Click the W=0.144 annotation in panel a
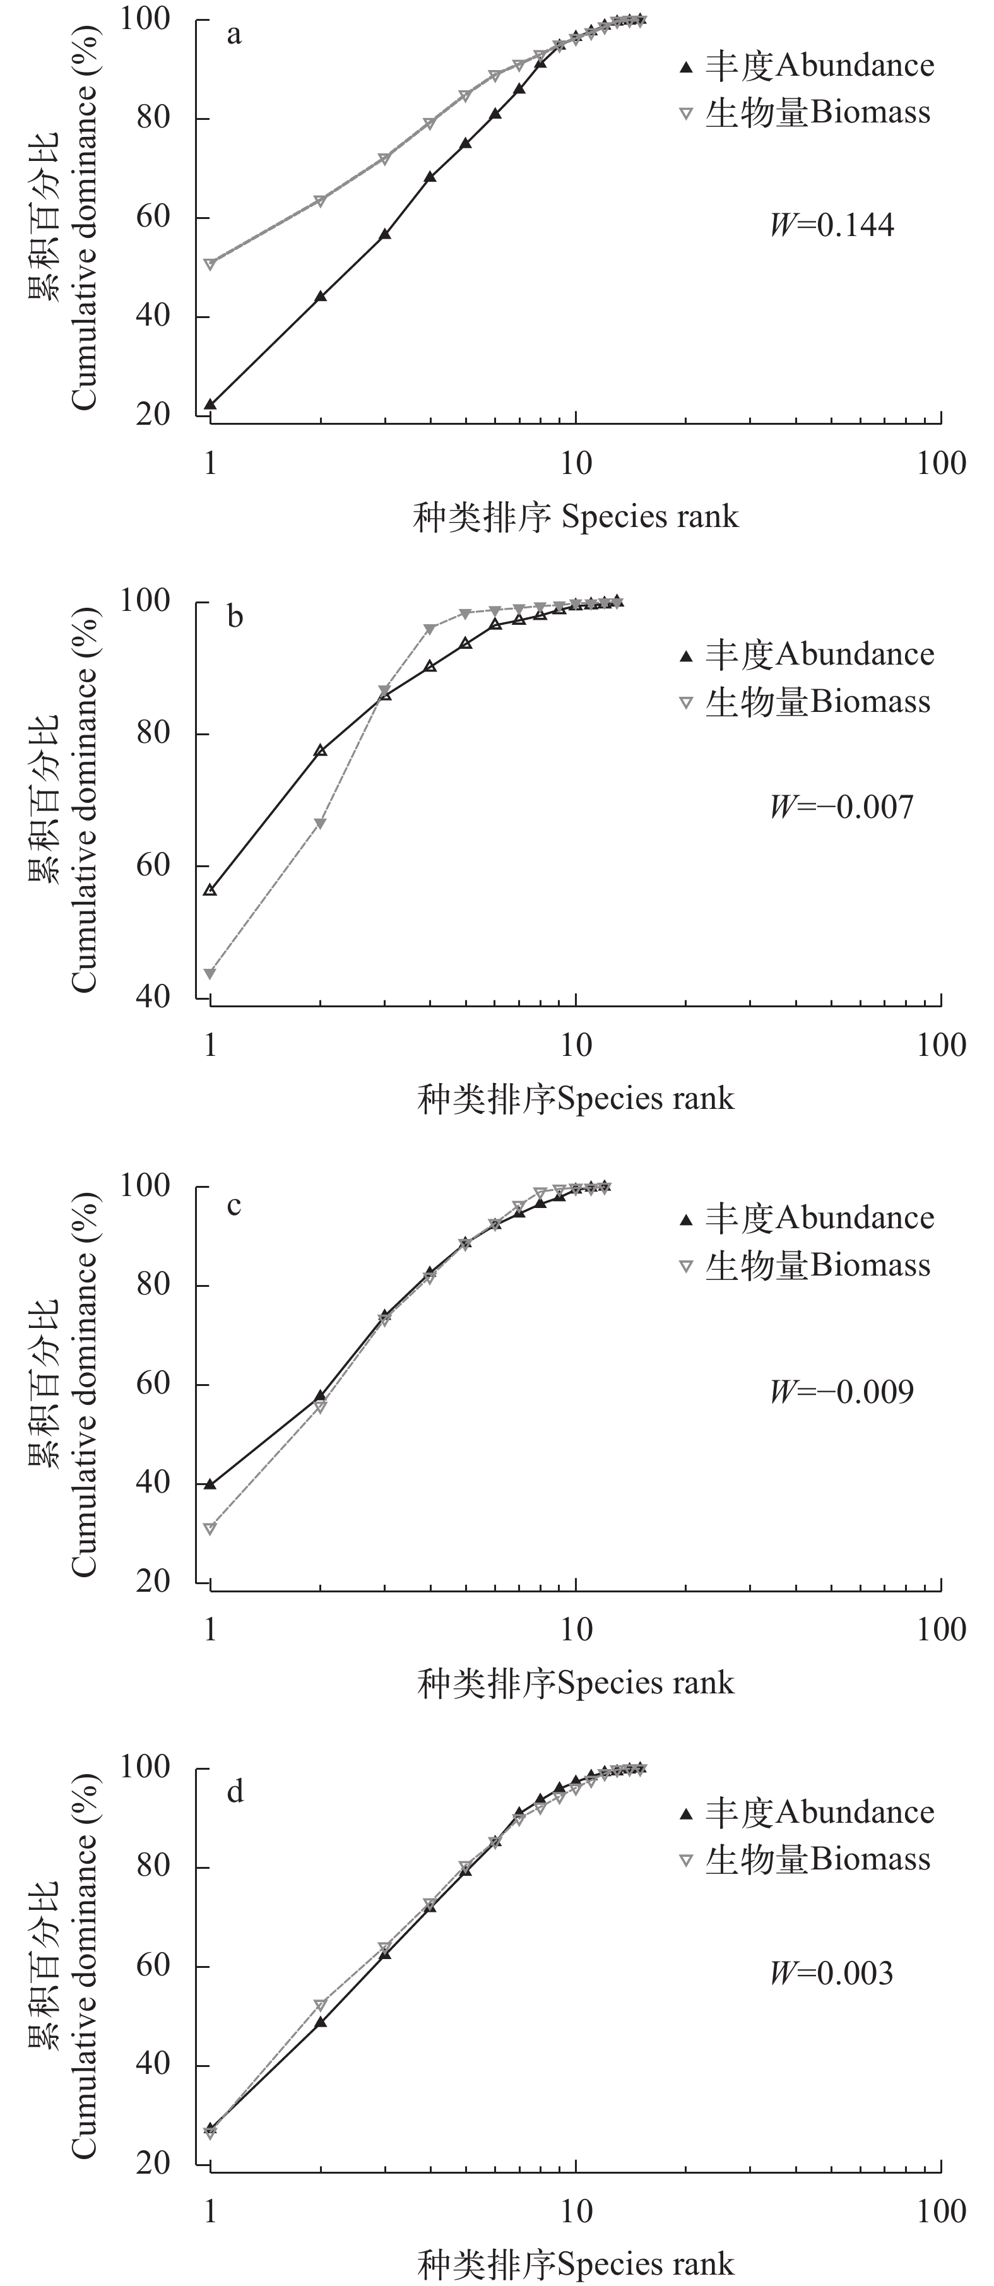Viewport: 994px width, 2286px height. [832, 225]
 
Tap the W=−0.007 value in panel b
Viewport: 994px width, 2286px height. [841, 807]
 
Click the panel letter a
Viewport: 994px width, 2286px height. [234, 35]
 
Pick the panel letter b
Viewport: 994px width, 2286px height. [234, 616]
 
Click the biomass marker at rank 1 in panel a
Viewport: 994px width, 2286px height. [210, 264]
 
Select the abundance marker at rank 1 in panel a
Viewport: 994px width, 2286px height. [210, 405]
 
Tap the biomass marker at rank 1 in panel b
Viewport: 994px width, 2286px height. [210, 973]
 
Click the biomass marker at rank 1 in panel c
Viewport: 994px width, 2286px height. [210, 1528]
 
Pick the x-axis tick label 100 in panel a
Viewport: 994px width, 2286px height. [941, 463]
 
